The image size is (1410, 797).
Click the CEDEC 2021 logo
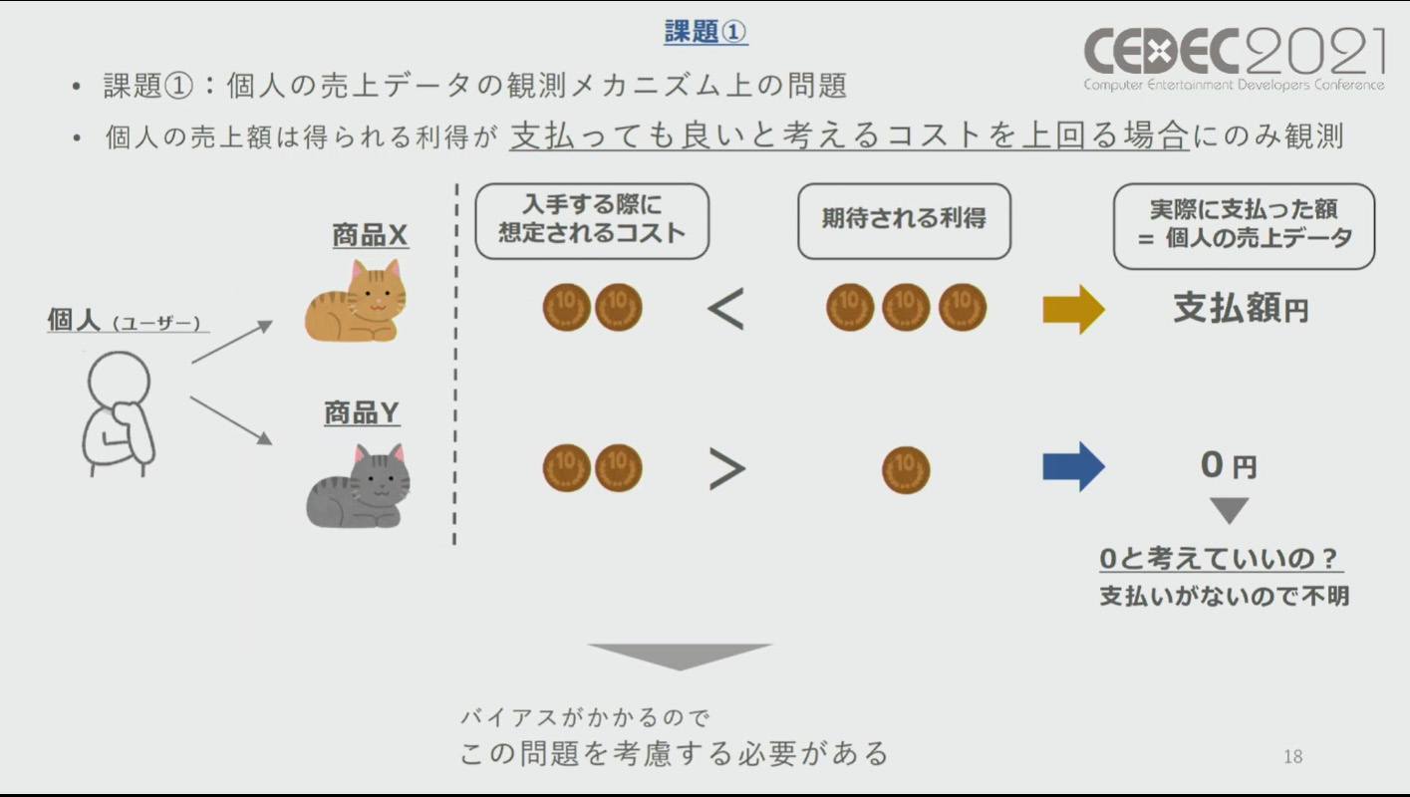coord(1234,58)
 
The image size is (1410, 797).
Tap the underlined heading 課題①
coord(705,32)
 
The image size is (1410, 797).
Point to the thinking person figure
coord(118,413)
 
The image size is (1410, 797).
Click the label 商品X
coord(370,236)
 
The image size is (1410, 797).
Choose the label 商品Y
coord(362,412)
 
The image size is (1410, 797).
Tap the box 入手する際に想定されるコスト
coord(592,220)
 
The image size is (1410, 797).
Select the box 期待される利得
coord(904,220)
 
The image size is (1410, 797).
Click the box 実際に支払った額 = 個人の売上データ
coord(1244,225)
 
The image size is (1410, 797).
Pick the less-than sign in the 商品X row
coord(725,309)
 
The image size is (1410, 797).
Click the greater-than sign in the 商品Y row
coord(726,469)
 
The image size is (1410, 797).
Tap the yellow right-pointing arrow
coord(1073,309)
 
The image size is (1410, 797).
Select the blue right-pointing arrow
coord(1073,466)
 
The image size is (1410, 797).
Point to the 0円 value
coord(1228,464)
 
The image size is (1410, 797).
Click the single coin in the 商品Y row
coord(905,469)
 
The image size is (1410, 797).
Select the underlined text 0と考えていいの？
coord(1221,560)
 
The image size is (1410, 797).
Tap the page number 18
coord(1292,756)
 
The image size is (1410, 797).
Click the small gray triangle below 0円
coord(1229,510)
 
